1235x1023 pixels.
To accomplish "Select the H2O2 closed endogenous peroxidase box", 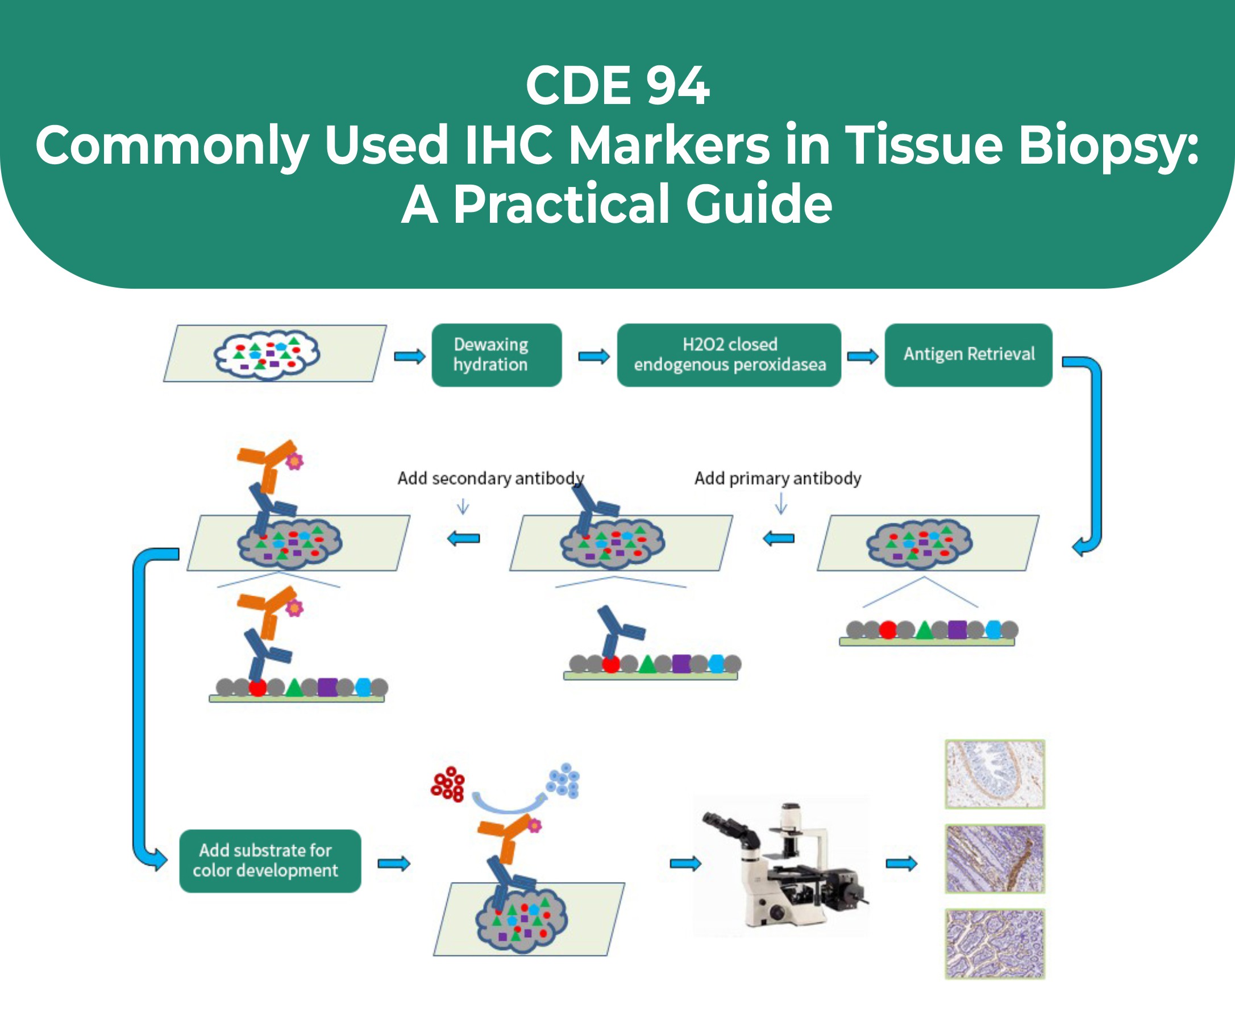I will pyautogui.click(x=729, y=355).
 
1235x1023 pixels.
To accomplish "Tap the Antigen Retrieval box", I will pyautogui.click(x=968, y=355).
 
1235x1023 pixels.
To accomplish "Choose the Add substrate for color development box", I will pyautogui.click(x=270, y=860).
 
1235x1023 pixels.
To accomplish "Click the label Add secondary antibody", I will pyautogui.click(x=490, y=478).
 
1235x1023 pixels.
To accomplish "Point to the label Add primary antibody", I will pyautogui.click(x=777, y=478).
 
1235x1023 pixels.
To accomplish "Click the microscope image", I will pyautogui.click(x=781, y=864).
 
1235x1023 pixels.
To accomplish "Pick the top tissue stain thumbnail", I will pyautogui.click(x=995, y=774).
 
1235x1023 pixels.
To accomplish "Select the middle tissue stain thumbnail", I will pyautogui.click(x=995, y=858).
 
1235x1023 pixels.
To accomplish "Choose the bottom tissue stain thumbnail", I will pyautogui.click(x=995, y=943).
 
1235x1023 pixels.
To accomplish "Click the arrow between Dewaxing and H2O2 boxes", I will pyautogui.click(x=594, y=356).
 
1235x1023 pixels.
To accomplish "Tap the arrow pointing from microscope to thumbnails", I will pyautogui.click(x=901, y=863).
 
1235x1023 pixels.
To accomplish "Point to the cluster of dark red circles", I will pyautogui.click(x=448, y=784).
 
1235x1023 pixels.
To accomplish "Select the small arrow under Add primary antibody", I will pyautogui.click(x=781, y=504).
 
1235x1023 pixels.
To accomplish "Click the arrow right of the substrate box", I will pyautogui.click(x=393, y=863).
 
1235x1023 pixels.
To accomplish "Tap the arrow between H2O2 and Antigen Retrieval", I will pyautogui.click(x=862, y=356).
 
